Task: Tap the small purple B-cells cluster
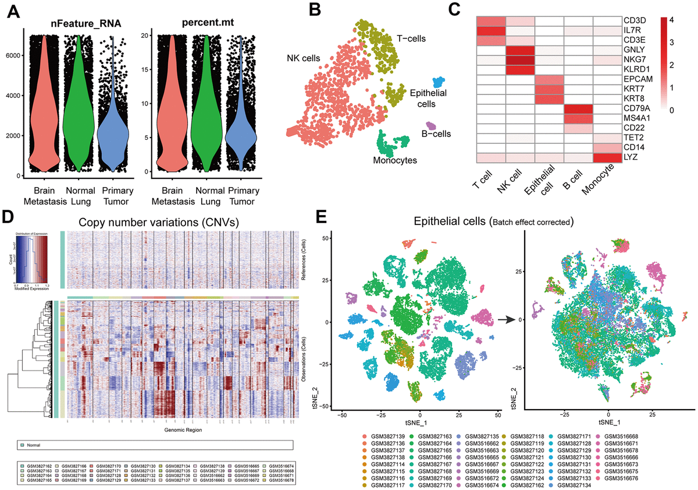(431, 125)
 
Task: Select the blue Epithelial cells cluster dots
(437, 83)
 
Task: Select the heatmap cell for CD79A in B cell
(578, 108)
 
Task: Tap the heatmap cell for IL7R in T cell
(491, 30)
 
